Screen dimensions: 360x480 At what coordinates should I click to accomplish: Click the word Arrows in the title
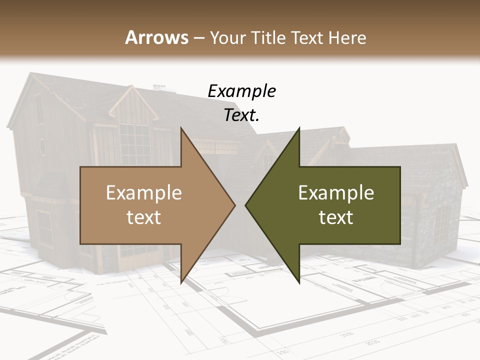pyautogui.click(x=156, y=37)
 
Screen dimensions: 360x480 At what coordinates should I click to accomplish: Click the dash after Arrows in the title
pyautogui.click(x=199, y=38)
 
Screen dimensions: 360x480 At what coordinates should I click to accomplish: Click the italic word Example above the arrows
pyautogui.click(x=241, y=91)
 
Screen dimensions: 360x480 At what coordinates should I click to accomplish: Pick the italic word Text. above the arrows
pyautogui.click(x=241, y=115)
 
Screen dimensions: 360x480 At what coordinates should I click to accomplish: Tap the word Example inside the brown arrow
pyautogui.click(x=143, y=193)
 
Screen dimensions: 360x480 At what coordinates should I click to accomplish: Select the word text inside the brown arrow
pyautogui.click(x=143, y=217)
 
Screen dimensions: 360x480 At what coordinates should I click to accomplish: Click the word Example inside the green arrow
pyautogui.click(x=336, y=193)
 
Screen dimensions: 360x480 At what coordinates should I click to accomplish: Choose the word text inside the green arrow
pyautogui.click(x=336, y=217)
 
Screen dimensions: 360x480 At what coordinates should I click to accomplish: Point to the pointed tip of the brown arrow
pyautogui.click(x=234, y=204)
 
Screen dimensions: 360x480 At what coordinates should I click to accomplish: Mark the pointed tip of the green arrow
pyautogui.click(x=246, y=204)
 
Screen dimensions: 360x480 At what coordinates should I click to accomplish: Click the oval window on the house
pyautogui.click(x=42, y=146)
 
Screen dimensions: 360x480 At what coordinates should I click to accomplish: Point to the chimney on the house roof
pyautogui.click(x=159, y=88)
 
